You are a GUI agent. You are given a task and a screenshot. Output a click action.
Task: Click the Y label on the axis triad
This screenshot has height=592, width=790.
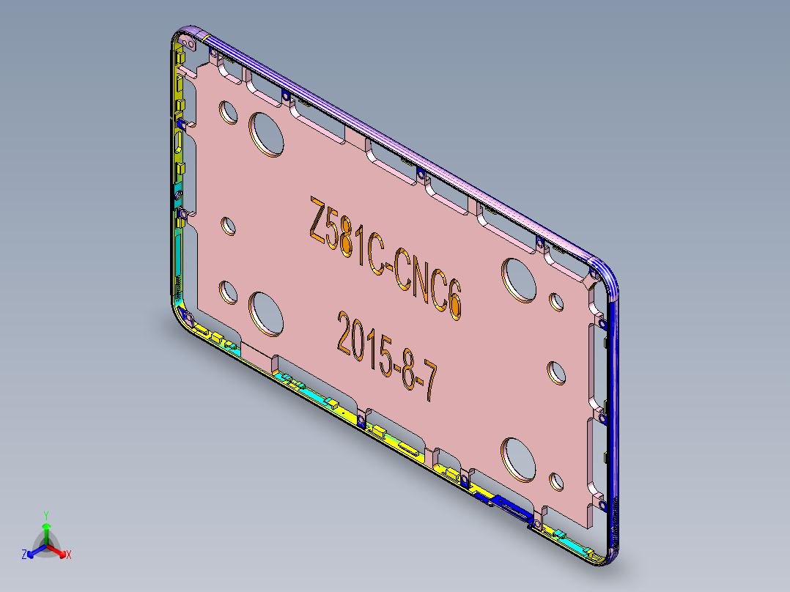pyautogui.click(x=46, y=514)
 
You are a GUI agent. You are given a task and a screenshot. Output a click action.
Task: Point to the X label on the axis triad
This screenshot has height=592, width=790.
pyautogui.click(x=69, y=555)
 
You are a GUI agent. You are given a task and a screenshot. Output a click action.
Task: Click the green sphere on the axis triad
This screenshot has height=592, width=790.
pyautogui.click(x=46, y=526)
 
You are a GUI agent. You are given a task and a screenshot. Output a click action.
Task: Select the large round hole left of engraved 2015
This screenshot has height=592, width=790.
pyautogui.click(x=267, y=314)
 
